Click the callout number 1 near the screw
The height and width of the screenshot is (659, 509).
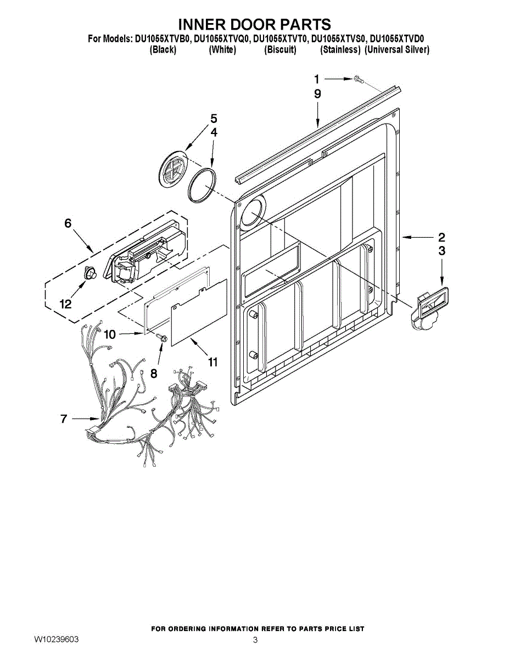pyautogui.click(x=317, y=79)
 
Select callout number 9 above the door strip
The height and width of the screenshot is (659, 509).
pyautogui.click(x=317, y=94)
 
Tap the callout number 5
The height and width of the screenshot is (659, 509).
pyautogui.click(x=214, y=119)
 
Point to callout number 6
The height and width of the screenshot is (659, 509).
pyautogui.click(x=68, y=223)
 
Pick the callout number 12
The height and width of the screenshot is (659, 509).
pyautogui.click(x=66, y=304)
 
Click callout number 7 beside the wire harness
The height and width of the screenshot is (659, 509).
pyautogui.click(x=64, y=419)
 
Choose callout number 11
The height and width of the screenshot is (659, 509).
pyautogui.click(x=212, y=362)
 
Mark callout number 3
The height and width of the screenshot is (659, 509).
pyautogui.click(x=441, y=251)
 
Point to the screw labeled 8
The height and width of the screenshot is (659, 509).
pyautogui.click(x=163, y=339)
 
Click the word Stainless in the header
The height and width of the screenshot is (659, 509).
pyautogui.click(x=340, y=50)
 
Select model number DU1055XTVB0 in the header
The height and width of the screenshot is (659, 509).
pyautogui.click(x=163, y=39)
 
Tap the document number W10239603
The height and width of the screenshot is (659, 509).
pyautogui.click(x=56, y=639)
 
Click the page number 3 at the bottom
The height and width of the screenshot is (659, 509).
pyautogui.click(x=255, y=640)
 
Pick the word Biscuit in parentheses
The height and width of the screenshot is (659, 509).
pyautogui.click(x=280, y=50)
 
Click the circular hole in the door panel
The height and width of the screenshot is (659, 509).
pyautogui.click(x=251, y=213)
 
